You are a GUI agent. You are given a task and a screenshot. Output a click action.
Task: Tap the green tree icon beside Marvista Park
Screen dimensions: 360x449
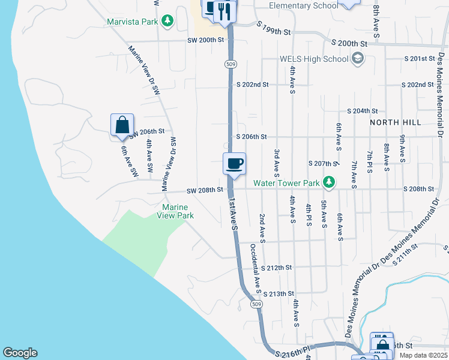169,22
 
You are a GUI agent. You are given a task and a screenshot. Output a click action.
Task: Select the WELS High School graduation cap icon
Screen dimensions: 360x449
358,58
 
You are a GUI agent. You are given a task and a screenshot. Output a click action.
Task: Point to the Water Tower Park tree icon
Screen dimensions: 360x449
328,181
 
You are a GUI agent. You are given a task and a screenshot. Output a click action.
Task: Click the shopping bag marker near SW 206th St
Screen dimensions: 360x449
122,125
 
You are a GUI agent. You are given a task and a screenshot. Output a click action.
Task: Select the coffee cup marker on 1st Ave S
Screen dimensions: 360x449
234,163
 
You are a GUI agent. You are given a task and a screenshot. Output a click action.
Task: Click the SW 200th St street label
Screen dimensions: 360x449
205,40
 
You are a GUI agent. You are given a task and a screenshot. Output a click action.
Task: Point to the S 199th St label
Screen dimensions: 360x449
273,28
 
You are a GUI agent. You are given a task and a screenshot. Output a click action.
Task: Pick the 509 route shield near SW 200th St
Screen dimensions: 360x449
230,64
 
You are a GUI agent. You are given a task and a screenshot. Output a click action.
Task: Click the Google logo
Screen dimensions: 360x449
20,353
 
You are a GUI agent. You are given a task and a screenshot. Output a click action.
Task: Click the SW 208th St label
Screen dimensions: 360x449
205,190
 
